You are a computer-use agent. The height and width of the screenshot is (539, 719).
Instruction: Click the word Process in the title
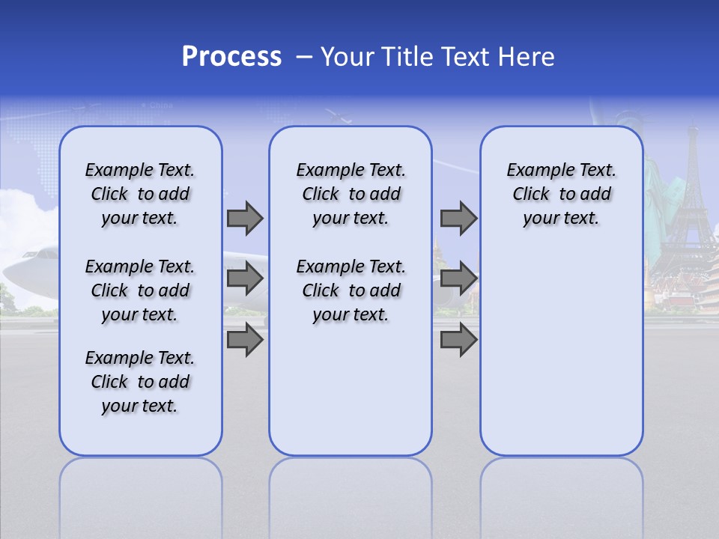(x=231, y=57)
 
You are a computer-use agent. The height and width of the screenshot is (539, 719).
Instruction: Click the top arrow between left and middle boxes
(x=244, y=218)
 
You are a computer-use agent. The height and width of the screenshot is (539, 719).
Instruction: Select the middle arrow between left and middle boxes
(x=244, y=278)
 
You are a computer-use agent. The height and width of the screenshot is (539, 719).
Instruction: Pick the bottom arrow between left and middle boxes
(x=244, y=339)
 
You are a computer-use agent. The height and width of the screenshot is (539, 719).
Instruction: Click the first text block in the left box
(x=140, y=194)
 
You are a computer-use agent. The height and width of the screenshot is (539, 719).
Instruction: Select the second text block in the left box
(x=140, y=290)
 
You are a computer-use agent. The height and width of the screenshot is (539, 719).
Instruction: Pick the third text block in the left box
(x=140, y=382)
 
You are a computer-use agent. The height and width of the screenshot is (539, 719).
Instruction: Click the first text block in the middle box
(x=351, y=194)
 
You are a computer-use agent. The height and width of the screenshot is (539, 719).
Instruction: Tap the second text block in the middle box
(x=351, y=290)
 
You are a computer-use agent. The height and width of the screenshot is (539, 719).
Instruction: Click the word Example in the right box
(x=533, y=171)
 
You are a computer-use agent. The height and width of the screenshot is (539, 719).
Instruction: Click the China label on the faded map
(x=160, y=106)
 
